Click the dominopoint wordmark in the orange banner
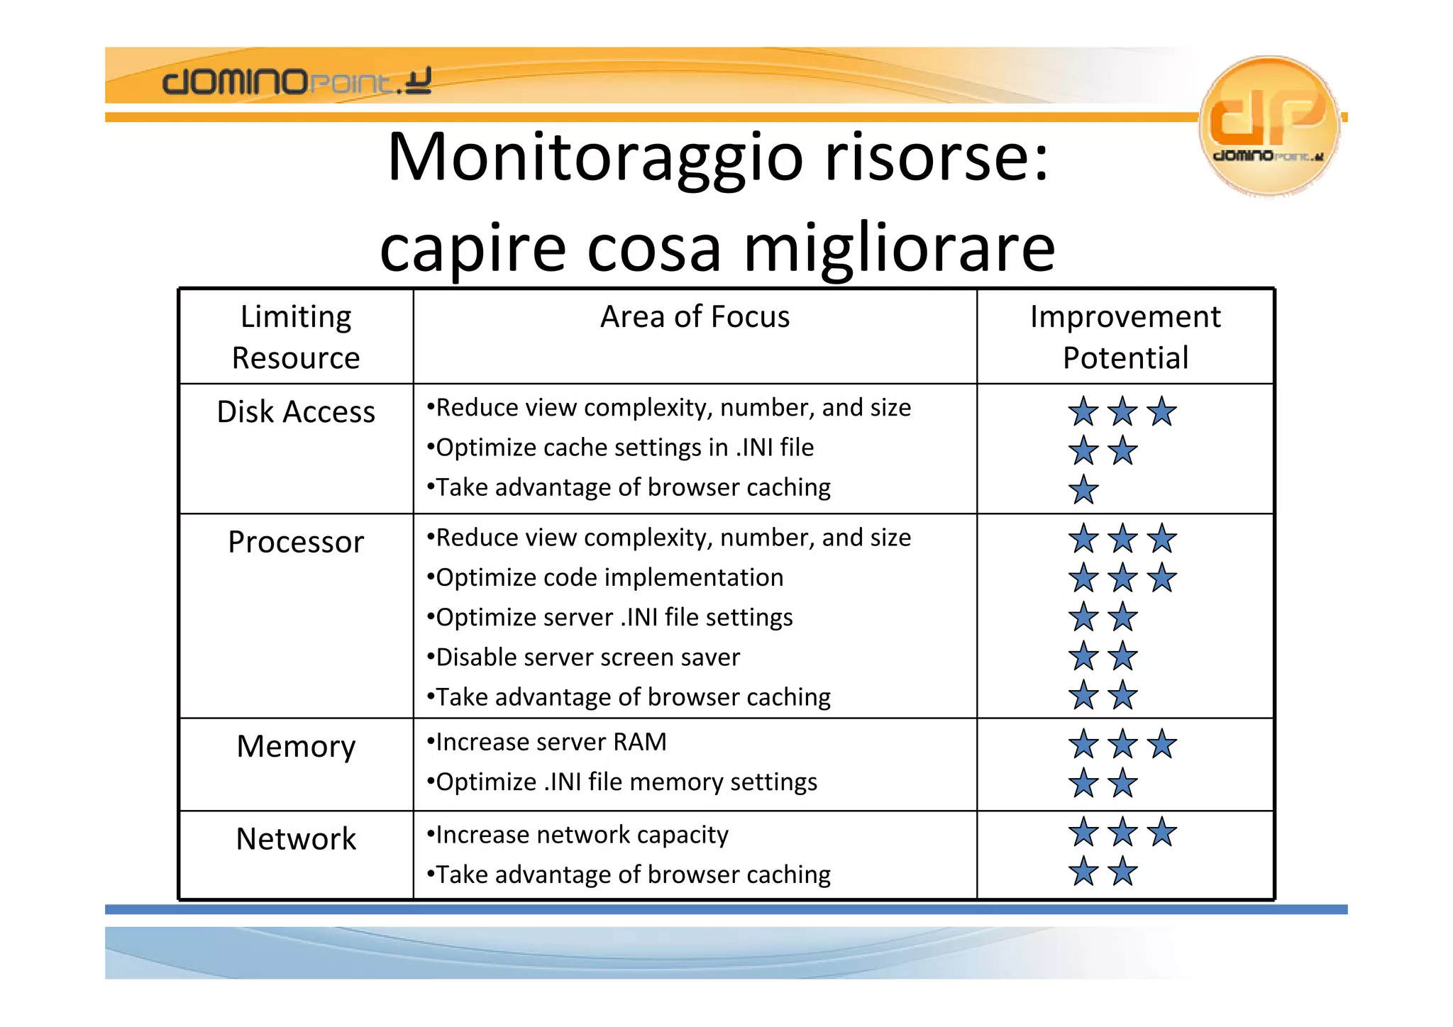pos(297,82)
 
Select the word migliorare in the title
pos(899,248)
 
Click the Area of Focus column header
pos(695,317)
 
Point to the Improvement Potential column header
pos(1125,337)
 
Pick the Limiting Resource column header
pos(296,337)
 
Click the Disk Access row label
pos(296,412)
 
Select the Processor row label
pos(296,543)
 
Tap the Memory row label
pos(296,747)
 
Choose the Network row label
pos(296,839)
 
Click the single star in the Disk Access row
pos(1083,490)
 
